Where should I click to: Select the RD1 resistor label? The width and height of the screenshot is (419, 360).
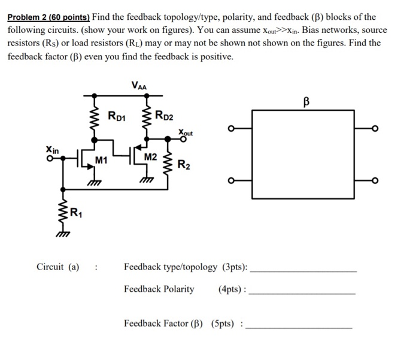(x=117, y=115)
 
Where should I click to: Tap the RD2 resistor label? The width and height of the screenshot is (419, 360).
(x=164, y=115)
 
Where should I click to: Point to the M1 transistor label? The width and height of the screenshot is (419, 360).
(x=101, y=160)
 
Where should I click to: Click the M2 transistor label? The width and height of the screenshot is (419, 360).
(x=150, y=157)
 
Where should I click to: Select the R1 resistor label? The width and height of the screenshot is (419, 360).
(x=76, y=211)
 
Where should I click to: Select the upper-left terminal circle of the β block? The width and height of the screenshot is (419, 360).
(x=231, y=128)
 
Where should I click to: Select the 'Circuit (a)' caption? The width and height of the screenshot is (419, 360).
(x=57, y=267)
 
